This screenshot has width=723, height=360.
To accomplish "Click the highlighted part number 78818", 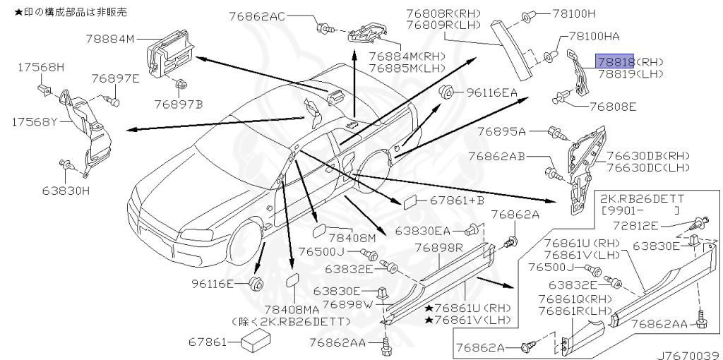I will pyautogui.click(x=615, y=61).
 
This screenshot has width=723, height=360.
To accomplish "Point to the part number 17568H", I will pyautogui.click(x=40, y=67).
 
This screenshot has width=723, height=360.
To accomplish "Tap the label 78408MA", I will pyautogui.click(x=292, y=309).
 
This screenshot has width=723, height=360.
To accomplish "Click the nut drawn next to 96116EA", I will pyautogui.click(x=446, y=92).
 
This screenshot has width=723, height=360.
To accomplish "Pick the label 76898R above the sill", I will pyautogui.click(x=438, y=248).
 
